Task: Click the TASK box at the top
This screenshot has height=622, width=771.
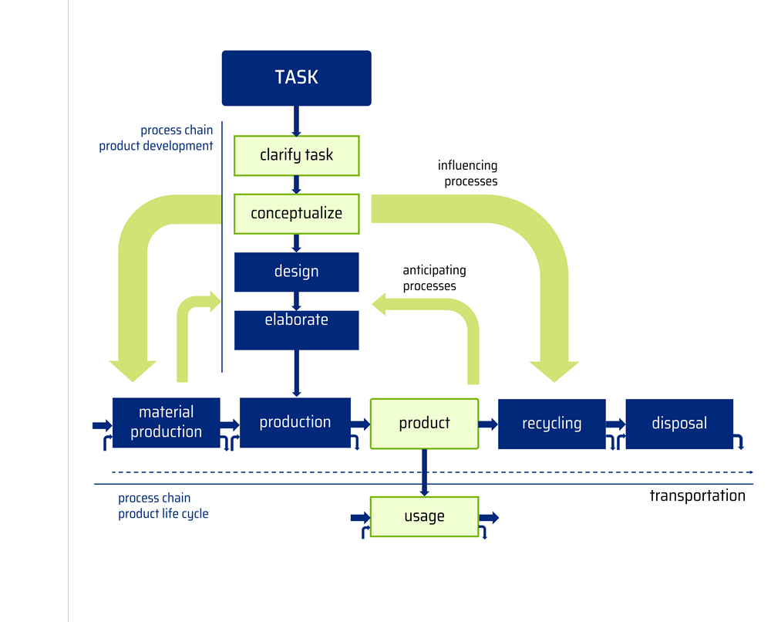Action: point(297,78)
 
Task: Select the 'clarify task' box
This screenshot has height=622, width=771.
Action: point(297,155)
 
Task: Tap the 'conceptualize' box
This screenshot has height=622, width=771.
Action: point(297,213)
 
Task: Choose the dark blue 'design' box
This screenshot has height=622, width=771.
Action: point(297,272)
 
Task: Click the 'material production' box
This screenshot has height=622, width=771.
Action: point(167,423)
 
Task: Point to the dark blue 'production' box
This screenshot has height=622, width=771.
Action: point(295,422)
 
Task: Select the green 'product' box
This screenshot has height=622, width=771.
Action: point(424,423)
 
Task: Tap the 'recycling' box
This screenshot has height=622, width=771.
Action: point(552,423)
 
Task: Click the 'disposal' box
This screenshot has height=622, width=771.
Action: point(679,423)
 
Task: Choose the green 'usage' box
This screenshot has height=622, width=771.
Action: point(424,516)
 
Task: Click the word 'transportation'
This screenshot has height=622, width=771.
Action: point(697,495)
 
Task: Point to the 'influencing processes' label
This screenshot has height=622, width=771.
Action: point(468,174)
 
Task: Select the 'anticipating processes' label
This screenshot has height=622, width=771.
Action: point(434,279)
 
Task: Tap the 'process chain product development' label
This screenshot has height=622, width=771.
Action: point(157,138)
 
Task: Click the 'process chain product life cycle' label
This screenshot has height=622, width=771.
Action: point(163,505)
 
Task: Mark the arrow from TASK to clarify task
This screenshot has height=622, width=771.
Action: point(297,120)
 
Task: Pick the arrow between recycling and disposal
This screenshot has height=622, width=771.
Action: point(614,424)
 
